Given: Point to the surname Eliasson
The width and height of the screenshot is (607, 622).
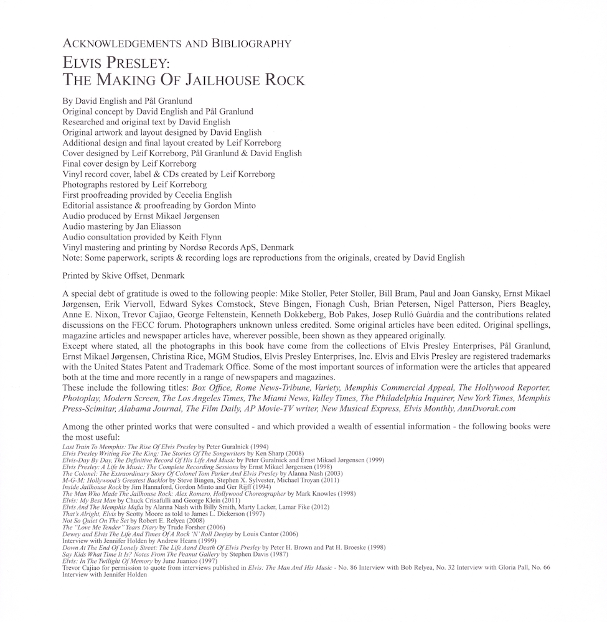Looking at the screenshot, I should (165, 226).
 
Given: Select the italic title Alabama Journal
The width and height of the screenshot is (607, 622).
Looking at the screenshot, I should (146, 409).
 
